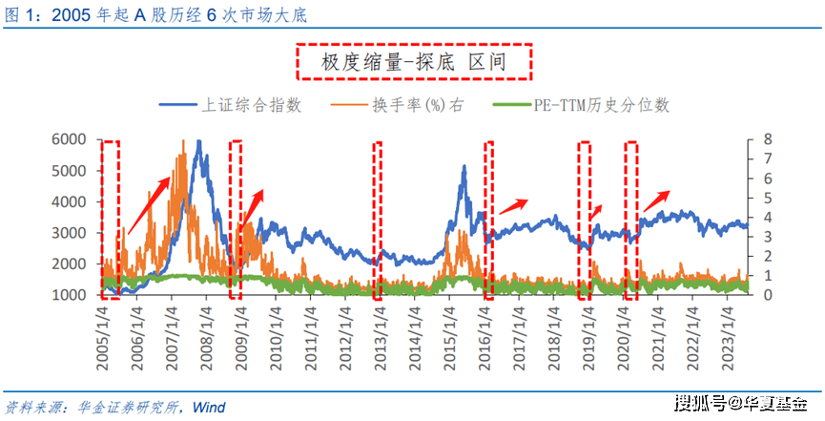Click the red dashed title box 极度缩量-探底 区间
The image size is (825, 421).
coord(412,63)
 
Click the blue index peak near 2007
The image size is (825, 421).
coord(197,143)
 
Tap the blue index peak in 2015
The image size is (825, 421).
coord(464,168)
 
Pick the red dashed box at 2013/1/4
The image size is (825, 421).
coord(378,220)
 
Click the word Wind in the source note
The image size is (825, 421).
coord(208,408)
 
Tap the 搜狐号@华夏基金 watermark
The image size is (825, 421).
coord(740,403)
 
